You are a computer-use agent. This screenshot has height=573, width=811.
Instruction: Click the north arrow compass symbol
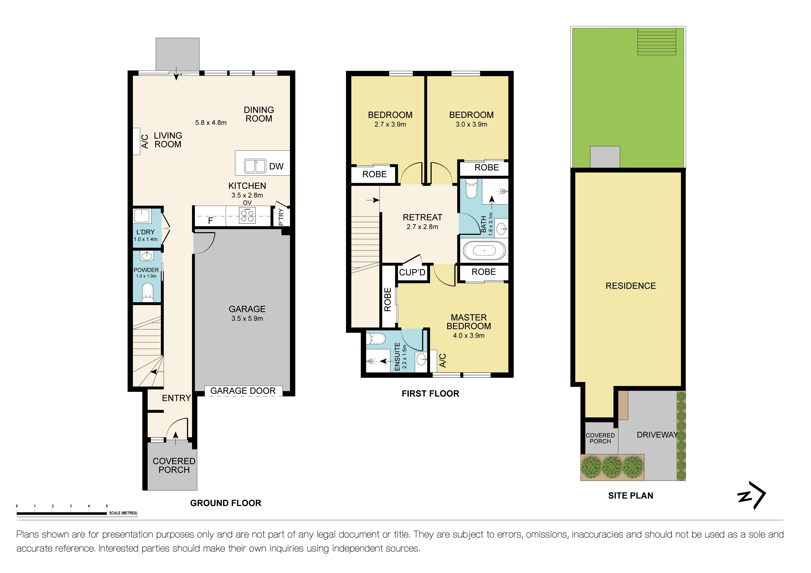click(x=752, y=495)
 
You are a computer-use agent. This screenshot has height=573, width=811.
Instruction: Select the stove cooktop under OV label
click(x=247, y=216)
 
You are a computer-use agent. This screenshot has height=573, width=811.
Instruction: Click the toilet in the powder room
click(x=147, y=292)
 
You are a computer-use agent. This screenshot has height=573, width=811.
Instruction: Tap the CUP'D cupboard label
click(x=412, y=272)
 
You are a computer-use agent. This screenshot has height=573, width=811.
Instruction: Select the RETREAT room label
click(x=422, y=217)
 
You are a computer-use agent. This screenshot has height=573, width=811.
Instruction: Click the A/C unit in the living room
click(x=137, y=141)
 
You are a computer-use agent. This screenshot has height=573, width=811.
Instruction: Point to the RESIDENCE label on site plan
click(x=631, y=286)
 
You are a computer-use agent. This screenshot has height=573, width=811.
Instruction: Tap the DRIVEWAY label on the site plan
click(x=657, y=435)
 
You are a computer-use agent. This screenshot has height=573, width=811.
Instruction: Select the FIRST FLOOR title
click(x=430, y=394)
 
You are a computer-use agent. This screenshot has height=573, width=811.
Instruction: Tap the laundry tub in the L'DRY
click(x=142, y=216)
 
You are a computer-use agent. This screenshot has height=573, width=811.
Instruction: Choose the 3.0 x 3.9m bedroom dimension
click(x=471, y=124)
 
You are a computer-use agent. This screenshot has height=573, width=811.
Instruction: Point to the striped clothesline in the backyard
click(x=656, y=42)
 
